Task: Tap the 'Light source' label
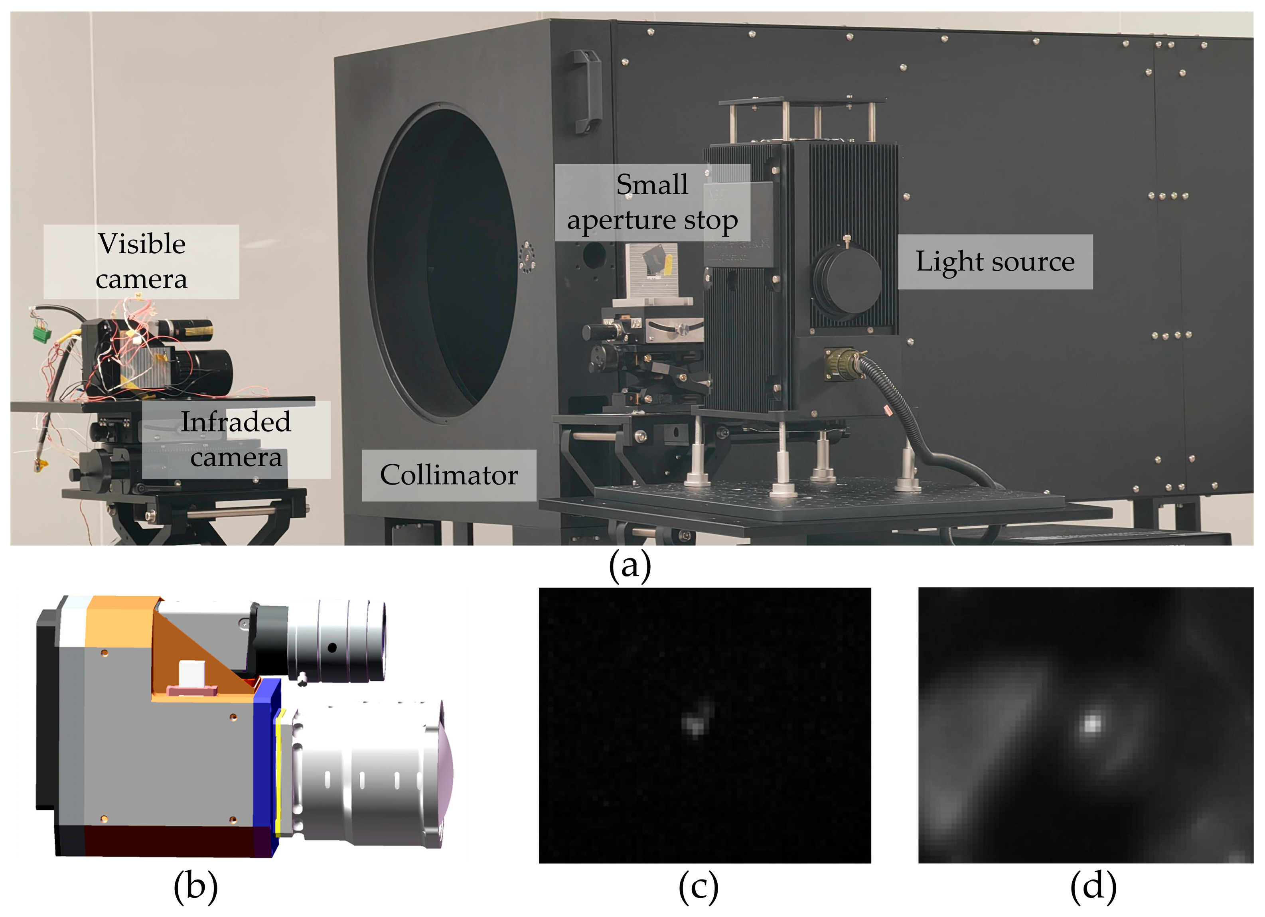(995, 262)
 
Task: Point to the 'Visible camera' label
(141, 261)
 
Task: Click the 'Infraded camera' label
(235, 440)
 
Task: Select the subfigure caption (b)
(195, 886)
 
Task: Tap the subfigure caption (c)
(698, 886)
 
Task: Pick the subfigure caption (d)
(1093, 886)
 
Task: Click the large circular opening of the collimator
(444, 262)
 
